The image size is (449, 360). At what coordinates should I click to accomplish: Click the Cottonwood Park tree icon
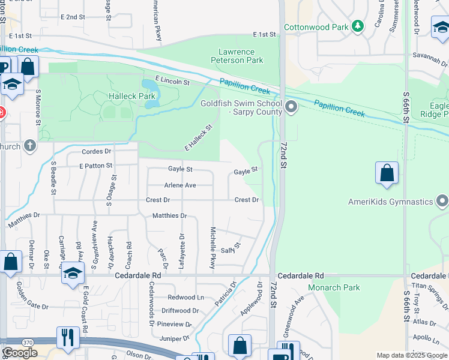click(x=358, y=26)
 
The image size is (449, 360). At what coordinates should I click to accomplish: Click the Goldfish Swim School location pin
click(x=292, y=108)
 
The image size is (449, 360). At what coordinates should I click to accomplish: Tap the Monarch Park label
click(x=334, y=287)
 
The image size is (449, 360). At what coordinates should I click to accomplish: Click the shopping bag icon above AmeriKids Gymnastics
click(x=387, y=173)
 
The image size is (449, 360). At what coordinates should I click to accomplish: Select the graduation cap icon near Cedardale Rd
click(x=73, y=274)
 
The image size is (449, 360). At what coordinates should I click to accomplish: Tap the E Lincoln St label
click(x=172, y=80)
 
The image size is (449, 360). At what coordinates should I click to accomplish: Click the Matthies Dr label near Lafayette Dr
click(x=170, y=215)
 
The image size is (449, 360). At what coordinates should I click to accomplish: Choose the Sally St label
click(x=231, y=248)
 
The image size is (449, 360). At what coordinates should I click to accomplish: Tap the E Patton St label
click(x=95, y=165)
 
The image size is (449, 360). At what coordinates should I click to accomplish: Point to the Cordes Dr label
click(x=97, y=152)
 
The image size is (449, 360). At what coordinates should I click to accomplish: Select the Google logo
click(x=20, y=352)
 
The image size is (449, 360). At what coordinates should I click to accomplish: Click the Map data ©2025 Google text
click(x=411, y=355)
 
